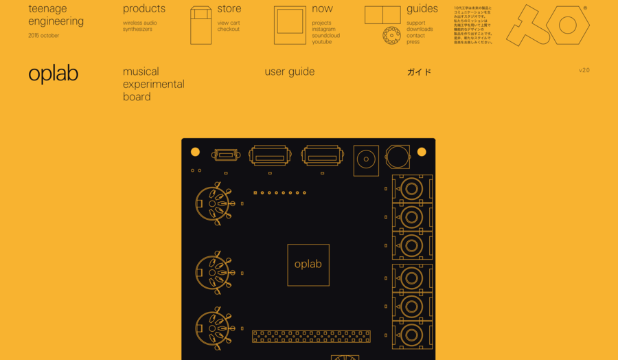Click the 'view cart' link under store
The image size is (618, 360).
click(229, 23)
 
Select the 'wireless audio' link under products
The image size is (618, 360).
click(139, 23)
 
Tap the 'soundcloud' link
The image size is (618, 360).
click(325, 36)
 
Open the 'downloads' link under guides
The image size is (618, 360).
click(420, 30)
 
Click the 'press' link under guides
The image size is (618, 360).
click(413, 42)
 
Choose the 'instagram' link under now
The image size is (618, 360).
click(323, 30)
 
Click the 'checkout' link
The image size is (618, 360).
click(229, 30)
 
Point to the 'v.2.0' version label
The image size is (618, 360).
click(584, 70)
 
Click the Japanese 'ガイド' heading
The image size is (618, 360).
click(419, 71)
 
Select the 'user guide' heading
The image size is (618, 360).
click(289, 71)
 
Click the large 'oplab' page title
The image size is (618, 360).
click(53, 74)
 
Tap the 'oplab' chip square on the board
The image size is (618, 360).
click(308, 265)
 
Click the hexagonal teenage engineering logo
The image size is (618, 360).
click(548, 25)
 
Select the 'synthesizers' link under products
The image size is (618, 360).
click(137, 30)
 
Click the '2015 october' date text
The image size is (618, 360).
click(43, 36)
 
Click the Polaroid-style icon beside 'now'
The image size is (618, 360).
click(290, 25)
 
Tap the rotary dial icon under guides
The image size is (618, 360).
click(391, 36)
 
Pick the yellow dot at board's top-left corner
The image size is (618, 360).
click(195, 152)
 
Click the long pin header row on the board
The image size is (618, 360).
click(311, 337)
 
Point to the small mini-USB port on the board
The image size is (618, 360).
click(226, 155)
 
